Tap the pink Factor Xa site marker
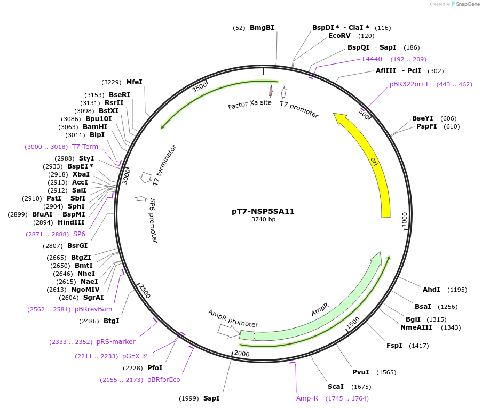click(x=271, y=91)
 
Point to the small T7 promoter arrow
click(x=284, y=92)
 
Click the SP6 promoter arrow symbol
click(x=141, y=198)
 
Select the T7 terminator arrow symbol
click(x=145, y=176)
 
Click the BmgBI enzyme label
click(x=262, y=28)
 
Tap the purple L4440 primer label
click(x=372, y=59)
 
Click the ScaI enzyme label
click(x=335, y=386)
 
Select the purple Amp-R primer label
click(x=307, y=398)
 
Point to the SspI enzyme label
click(x=211, y=398)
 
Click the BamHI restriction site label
click(x=96, y=127)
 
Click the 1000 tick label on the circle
click(x=405, y=220)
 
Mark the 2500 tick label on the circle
click(x=144, y=291)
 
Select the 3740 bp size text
click(x=263, y=220)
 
